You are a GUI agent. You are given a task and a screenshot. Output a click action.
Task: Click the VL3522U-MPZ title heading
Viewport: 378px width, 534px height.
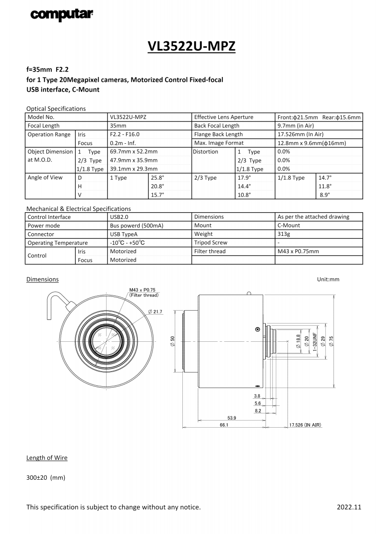(192, 46)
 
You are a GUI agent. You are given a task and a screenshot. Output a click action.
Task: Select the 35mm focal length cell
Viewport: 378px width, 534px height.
(118, 126)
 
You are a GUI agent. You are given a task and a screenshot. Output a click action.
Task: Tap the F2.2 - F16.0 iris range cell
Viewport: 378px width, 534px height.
(125, 134)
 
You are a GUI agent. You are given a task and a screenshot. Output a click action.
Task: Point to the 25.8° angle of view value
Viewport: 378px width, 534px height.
(158, 178)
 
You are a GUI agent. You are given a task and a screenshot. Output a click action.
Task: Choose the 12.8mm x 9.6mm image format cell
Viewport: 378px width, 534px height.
(312, 143)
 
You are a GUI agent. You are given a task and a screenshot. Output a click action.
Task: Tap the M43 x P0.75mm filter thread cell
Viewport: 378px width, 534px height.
(298, 251)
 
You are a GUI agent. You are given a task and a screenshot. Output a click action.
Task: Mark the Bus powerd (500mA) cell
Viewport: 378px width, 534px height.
(136, 226)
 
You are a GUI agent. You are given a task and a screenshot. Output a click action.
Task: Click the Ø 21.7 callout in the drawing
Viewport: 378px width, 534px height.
(155, 311)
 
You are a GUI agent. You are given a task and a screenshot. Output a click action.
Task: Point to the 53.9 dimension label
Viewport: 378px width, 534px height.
(232, 418)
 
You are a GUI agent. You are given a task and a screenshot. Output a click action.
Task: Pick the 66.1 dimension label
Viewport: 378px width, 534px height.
(224, 425)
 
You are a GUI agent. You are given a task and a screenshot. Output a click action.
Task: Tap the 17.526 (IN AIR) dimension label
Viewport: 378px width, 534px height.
(305, 425)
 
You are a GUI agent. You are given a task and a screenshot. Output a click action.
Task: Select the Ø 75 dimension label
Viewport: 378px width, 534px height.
(331, 340)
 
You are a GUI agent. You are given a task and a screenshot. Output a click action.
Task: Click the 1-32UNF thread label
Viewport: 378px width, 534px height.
(315, 341)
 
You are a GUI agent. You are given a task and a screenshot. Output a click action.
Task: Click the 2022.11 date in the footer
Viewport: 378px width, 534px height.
(349, 507)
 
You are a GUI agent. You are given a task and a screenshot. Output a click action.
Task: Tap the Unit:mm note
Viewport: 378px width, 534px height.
(328, 279)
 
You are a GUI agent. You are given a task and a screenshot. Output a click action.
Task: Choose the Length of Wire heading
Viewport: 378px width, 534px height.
(47, 458)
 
